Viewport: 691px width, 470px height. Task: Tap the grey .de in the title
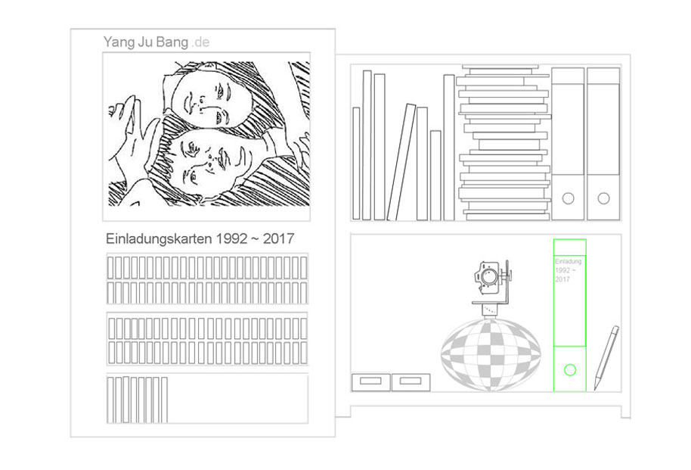[201, 42]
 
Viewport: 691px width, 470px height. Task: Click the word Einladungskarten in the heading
[159, 239]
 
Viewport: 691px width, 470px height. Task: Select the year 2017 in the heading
[278, 238]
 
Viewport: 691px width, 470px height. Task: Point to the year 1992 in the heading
[232, 238]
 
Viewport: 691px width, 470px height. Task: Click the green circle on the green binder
[570, 370]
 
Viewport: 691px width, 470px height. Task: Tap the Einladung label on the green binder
[568, 261]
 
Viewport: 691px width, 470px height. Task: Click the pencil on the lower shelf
[606, 358]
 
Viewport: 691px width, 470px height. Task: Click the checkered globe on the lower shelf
[491, 354]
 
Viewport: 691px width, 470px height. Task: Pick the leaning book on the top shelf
[401, 162]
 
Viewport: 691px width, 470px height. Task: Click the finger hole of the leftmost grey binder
[568, 198]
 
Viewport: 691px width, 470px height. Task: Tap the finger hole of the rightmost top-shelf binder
[603, 198]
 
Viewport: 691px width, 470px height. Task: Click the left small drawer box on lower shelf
[370, 382]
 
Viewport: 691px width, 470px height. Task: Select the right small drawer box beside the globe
[411, 382]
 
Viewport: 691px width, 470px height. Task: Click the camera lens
[488, 277]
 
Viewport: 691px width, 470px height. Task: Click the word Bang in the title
[172, 42]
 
